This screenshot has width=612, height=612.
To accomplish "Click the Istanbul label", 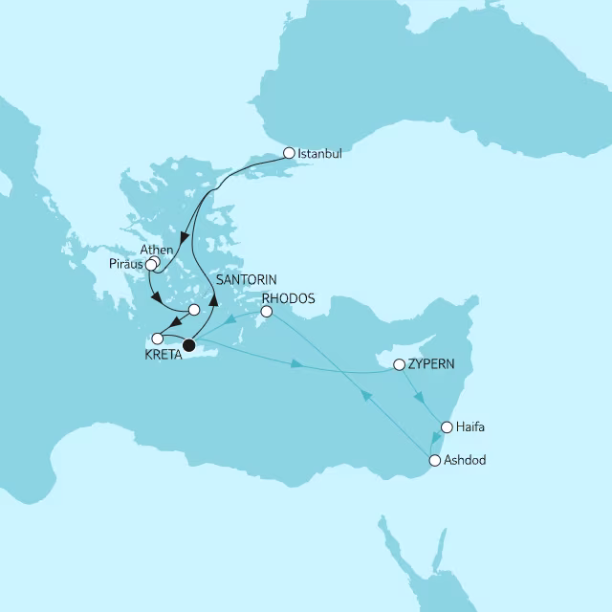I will [x=319, y=153].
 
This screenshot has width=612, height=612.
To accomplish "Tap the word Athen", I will [x=156, y=251].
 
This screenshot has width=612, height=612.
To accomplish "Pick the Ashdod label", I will [x=466, y=461].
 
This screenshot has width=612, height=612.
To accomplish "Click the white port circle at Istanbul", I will [x=289, y=151].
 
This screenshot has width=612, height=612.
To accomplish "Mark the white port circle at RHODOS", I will [x=267, y=311].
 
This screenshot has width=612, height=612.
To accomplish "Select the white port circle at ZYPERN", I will [x=400, y=364].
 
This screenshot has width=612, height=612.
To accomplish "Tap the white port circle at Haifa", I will [x=446, y=426].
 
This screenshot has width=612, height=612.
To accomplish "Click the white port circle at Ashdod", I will [x=435, y=461].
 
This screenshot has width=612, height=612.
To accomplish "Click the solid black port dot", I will [x=189, y=344].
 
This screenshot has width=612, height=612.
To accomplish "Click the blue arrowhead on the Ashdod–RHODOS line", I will [x=363, y=394].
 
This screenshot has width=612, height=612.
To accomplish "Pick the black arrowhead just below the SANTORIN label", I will [x=215, y=298].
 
